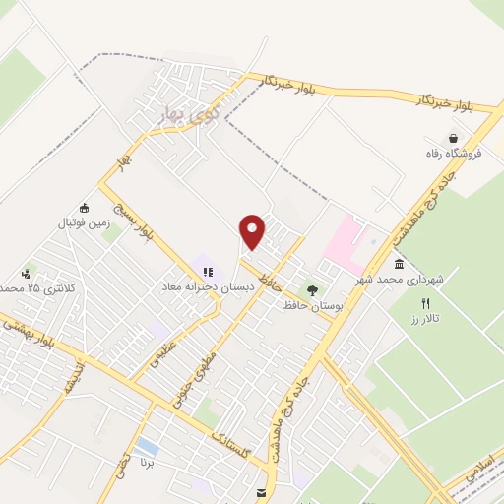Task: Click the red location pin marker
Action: coord(253,231)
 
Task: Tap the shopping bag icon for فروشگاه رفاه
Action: coord(452,138)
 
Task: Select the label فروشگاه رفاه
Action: coord(453,155)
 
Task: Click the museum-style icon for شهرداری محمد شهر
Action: coord(399,264)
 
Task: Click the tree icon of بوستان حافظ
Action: coord(312,290)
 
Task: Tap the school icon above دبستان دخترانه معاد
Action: coord(208,271)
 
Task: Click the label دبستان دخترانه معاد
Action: coord(209,286)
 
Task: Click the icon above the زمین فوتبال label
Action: coord(84,208)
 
